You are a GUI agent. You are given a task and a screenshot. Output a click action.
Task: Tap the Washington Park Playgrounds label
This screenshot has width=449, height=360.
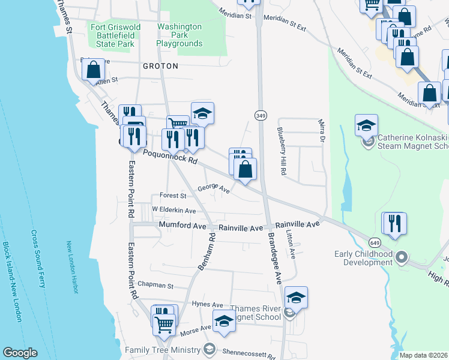coord(179,35)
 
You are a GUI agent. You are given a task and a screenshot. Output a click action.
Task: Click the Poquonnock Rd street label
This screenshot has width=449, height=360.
coord(170,157)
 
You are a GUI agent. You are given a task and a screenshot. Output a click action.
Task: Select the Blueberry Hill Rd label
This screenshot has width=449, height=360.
coord(280,150)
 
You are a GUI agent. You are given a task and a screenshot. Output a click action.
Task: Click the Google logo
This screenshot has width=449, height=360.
coord(20,352)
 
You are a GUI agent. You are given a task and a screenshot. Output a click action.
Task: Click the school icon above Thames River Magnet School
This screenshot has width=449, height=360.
coord(296,296)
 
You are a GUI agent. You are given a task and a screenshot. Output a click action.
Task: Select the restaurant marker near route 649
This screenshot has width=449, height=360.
coord(394,223)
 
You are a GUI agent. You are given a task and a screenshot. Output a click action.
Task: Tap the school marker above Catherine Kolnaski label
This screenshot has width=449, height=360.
coord(366,125)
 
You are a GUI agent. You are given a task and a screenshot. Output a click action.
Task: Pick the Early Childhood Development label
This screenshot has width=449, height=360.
coord(364,258)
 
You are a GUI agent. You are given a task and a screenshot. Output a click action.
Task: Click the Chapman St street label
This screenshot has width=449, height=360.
coord(155,286)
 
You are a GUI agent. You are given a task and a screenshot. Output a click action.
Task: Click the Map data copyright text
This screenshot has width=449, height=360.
coord(423,355)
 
